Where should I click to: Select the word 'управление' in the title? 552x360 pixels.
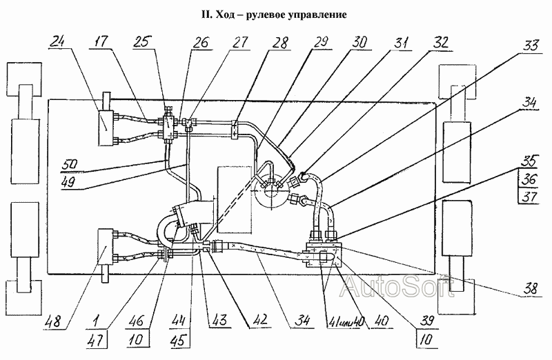pyautogui.click(x=308, y=14)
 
